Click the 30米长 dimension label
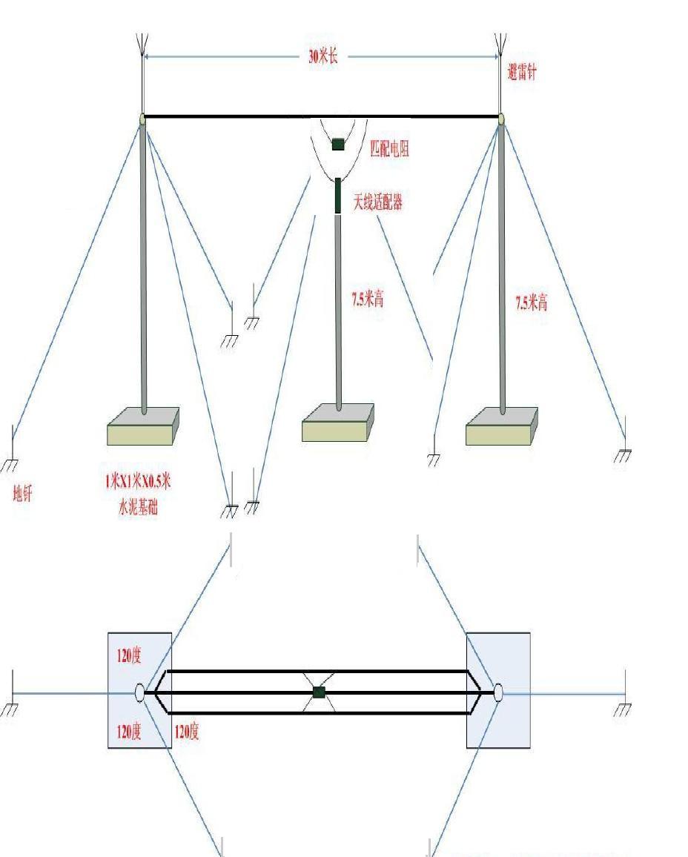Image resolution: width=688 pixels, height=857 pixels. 323,56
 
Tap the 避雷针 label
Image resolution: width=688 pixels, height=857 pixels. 522,72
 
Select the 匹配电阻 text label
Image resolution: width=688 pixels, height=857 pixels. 389,148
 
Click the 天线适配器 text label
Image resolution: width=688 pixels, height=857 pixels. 377,201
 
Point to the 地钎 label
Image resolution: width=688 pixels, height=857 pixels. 23,494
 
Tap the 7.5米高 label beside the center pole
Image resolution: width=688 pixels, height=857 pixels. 367,299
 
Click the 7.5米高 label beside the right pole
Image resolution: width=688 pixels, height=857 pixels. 532,302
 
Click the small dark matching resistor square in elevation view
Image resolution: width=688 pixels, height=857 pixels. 338,144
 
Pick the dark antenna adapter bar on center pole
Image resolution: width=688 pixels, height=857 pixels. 338,195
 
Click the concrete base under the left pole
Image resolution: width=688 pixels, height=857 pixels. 143,426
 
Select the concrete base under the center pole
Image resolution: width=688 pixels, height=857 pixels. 338,423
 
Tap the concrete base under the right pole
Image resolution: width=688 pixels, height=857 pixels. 502,427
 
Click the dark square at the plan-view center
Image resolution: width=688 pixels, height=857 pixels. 319,692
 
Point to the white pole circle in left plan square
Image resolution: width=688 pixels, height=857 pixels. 139,692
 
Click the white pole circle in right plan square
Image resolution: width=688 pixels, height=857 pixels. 498,692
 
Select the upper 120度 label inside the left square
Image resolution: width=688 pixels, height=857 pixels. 129,656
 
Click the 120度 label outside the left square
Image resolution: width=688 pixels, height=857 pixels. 186,732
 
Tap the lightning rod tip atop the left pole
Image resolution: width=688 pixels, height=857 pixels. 141,43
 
